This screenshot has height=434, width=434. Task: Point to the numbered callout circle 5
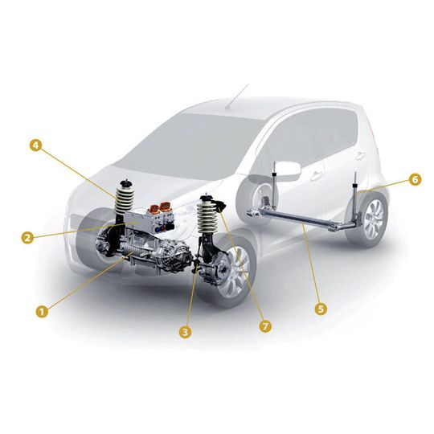[x=320, y=308]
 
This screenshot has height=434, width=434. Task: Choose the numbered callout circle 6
[x=415, y=180]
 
